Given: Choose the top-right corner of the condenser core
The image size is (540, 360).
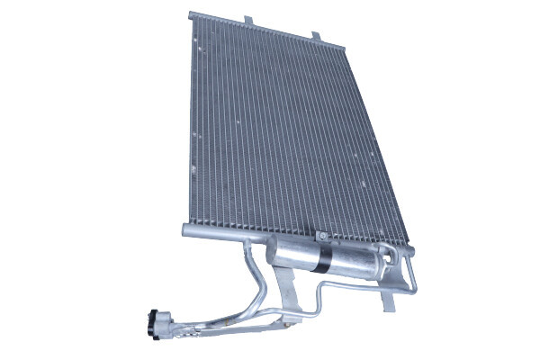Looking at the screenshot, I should (346, 49).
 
